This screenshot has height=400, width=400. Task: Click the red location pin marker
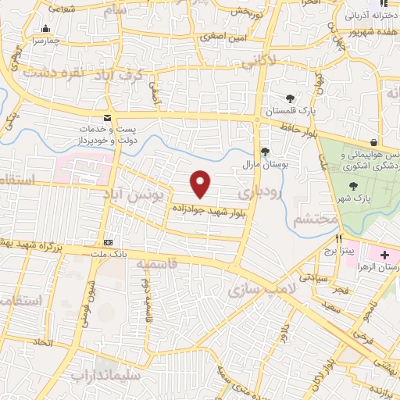tap(202, 183)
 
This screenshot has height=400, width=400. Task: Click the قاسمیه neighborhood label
tap(156, 264)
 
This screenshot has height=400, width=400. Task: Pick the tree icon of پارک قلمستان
tap(290, 98)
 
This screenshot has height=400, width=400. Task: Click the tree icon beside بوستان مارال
tap(266, 152)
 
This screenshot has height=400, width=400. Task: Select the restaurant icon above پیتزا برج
tap(339, 237)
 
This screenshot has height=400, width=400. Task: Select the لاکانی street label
tap(262, 59)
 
